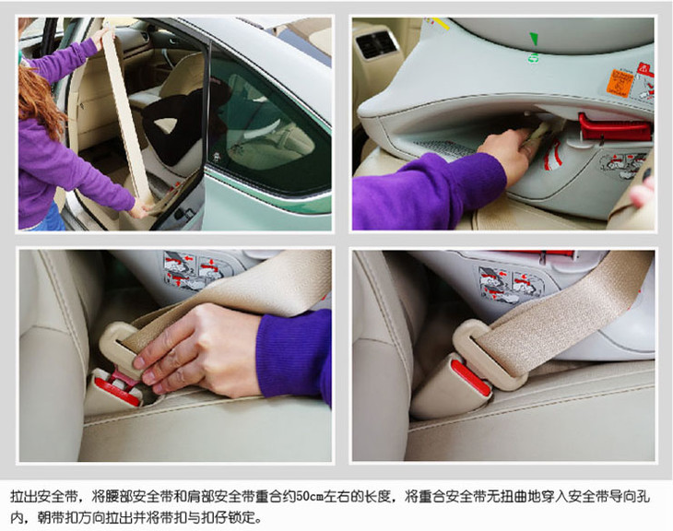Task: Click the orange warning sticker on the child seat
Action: tap(619, 83)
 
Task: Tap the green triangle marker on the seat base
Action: tap(534, 38)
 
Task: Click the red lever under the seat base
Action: tap(614, 127)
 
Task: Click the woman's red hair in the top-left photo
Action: tap(37, 99)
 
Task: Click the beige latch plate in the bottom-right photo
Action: tap(490, 354)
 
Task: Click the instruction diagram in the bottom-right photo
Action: tap(511, 283)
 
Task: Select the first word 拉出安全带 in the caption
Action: tap(43, 497)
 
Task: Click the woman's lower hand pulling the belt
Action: tap(141, 209)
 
